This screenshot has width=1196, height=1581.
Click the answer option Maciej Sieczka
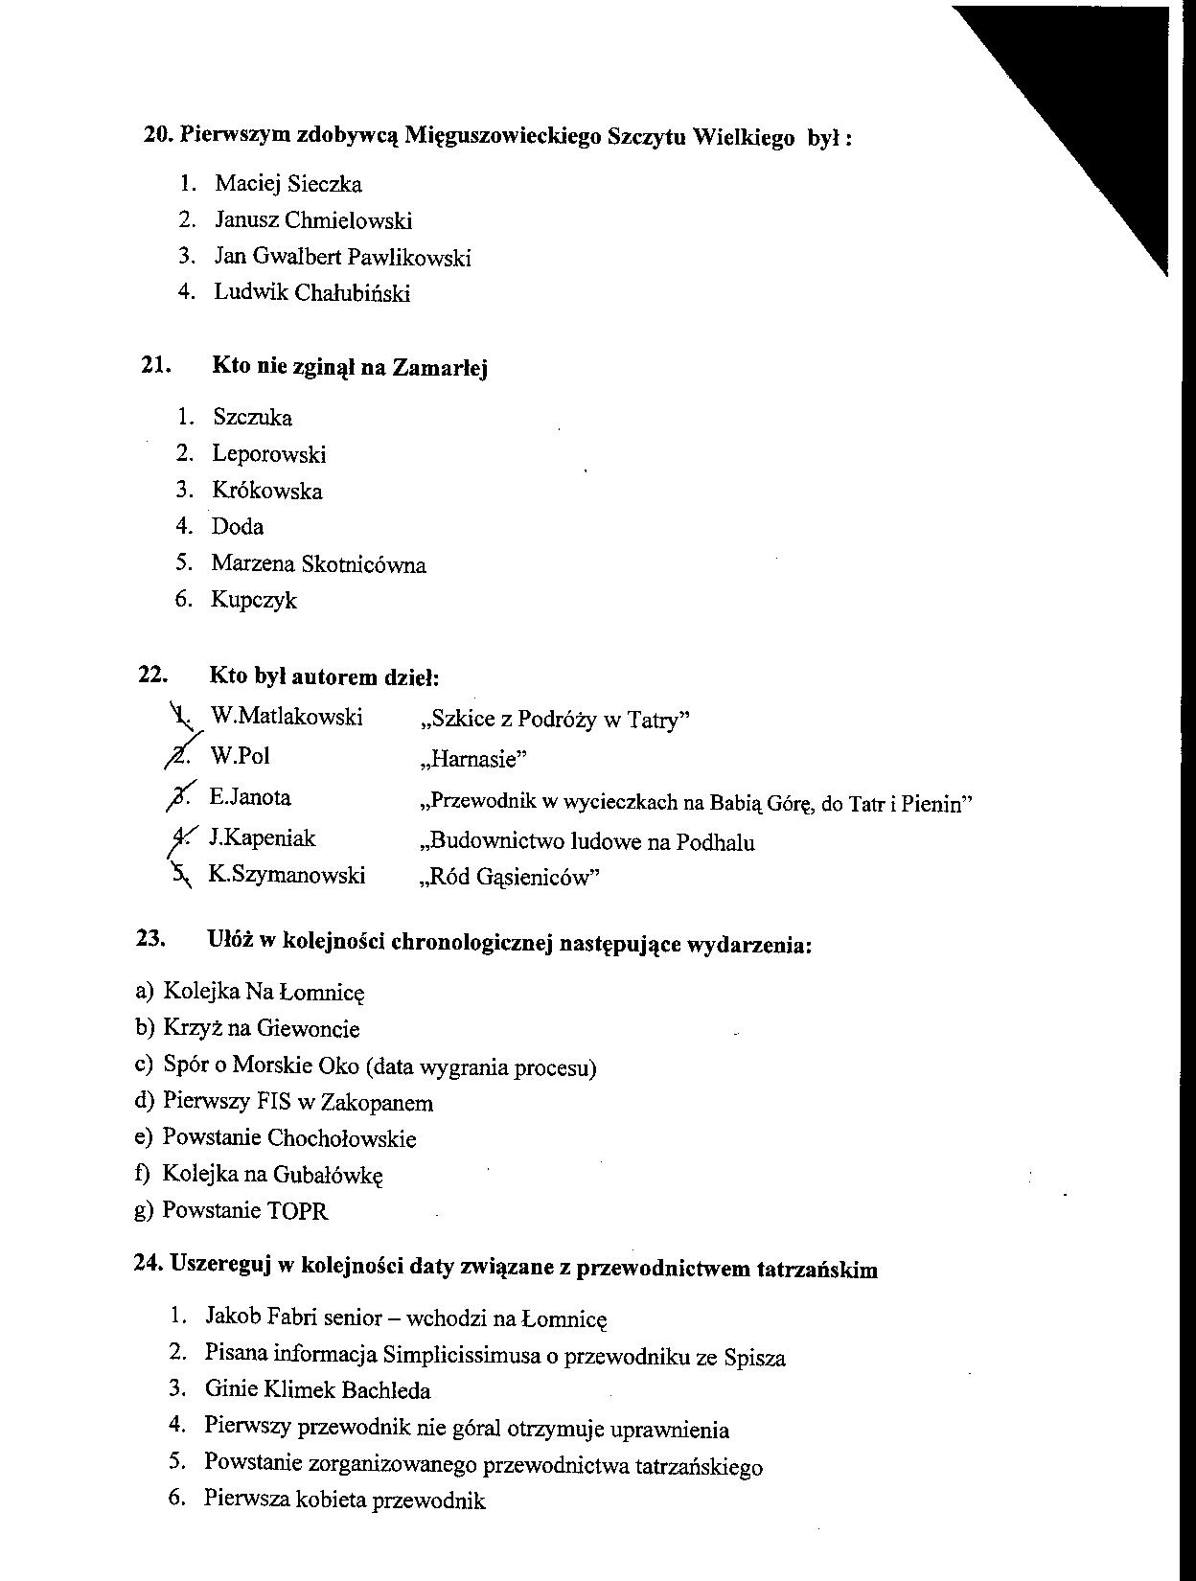click(x=287, y=184)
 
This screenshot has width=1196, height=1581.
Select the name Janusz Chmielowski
click(x=313, y=220)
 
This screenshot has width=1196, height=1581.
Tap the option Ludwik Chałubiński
click(x=311, y=292)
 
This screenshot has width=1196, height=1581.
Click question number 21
click(x=155, y=365)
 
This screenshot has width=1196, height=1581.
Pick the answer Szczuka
click(x=252, y=418)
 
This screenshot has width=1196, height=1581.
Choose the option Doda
click(x=238, y=526)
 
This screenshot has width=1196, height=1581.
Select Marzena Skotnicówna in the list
click(x=318, y=564)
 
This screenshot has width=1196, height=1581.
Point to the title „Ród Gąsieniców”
click(x=509, y=879)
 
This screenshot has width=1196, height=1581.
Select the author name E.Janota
click(x=249, y=797)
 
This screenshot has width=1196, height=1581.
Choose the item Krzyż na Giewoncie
click(x=261, y=1029)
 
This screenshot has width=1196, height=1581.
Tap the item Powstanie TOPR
click(x=244, y=1210)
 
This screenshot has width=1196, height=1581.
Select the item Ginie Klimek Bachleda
click(x=317, y=1389)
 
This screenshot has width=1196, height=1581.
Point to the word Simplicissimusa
click(x=453, y=1355)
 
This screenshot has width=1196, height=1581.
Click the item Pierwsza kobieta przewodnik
click(x=344, y=1501)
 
